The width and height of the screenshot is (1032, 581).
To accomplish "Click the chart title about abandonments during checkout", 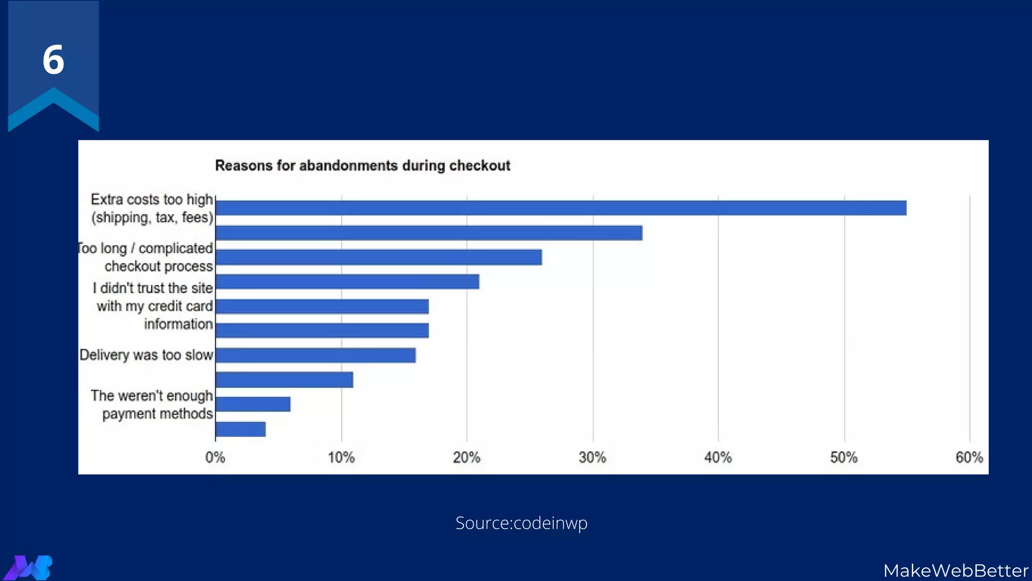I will (362, 165).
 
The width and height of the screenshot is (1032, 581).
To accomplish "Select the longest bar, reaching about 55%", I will (560, 208).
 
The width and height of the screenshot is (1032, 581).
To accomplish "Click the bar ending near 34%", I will (428, 233).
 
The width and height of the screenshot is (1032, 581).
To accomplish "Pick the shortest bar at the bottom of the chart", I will (240, 429).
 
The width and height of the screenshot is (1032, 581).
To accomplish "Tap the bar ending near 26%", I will (378, 257).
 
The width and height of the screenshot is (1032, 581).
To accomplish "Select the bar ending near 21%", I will (347, 281).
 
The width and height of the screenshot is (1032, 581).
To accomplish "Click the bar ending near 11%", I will (284, 380).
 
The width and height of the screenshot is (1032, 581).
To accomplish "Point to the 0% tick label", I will (215, 457).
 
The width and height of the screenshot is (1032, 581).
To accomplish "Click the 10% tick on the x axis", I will (341, 457).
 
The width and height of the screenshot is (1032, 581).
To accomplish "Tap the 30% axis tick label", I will (592, 457).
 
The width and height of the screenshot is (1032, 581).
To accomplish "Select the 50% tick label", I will (844, 457).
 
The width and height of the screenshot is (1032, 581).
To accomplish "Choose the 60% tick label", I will (969, 457).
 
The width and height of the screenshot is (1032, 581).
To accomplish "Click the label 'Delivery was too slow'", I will (146, 355).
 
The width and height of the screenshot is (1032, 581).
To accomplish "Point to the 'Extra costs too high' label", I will (152, 200).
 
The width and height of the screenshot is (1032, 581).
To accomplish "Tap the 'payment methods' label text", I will (157, 414).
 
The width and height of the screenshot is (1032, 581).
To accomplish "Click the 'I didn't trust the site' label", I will (153, 288).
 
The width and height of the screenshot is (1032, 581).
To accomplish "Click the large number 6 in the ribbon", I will (53, 60).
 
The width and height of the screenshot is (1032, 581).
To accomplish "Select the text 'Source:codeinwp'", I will (521, 523).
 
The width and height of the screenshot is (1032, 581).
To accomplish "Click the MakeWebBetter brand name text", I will (955, 570).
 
